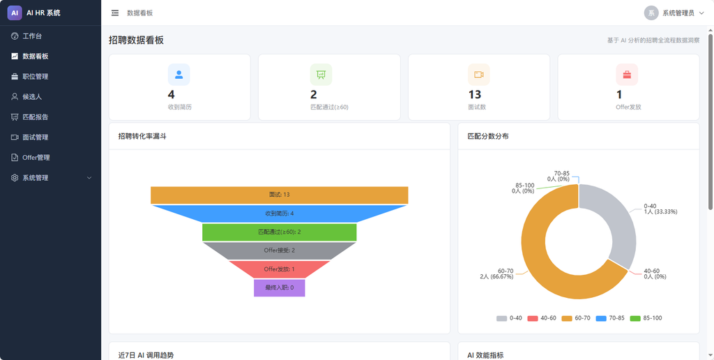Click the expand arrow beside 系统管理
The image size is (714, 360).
point(89,178)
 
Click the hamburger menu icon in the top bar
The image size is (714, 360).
point(115,13)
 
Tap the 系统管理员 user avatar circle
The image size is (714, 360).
point(651,13)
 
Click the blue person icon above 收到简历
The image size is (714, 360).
point(179,75)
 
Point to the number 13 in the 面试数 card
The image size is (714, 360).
point(474,95)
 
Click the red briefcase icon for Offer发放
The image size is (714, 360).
point(627,75)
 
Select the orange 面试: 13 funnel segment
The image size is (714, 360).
point(279,195)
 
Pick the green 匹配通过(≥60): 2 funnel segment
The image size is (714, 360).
point(279,232)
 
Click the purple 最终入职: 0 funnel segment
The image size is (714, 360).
point(279,287)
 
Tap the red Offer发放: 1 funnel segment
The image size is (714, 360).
point(279,269)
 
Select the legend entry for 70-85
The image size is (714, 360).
point(610,318)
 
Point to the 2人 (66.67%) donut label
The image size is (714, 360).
point(496,276)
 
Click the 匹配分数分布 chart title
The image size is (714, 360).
point(488,136)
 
